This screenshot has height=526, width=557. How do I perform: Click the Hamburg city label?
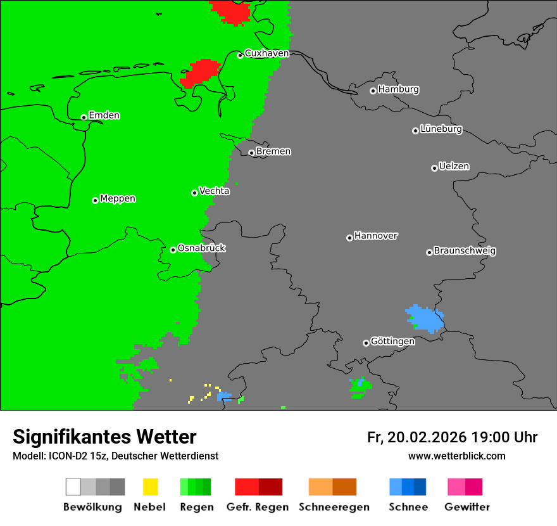398,89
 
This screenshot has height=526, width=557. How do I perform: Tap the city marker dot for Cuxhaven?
240,55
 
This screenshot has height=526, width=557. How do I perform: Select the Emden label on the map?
104,115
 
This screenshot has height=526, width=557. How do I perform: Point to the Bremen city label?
273,151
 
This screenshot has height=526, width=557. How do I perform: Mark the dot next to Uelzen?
434,168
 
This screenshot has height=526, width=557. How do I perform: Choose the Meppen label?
118,199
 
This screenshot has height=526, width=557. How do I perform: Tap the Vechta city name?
214,191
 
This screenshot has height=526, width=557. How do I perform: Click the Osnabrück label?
201,248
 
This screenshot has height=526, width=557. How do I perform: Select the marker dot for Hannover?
349,238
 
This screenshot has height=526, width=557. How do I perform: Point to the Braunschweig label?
465,251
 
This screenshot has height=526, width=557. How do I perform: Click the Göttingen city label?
392,342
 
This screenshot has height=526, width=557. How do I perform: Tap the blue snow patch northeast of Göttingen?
425,319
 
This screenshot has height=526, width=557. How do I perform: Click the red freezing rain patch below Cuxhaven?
200,74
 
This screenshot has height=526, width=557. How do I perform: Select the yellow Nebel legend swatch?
150,487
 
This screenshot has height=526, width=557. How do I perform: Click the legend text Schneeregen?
334,507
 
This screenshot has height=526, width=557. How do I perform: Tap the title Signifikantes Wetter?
104,437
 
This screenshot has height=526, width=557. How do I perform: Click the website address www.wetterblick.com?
456,456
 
